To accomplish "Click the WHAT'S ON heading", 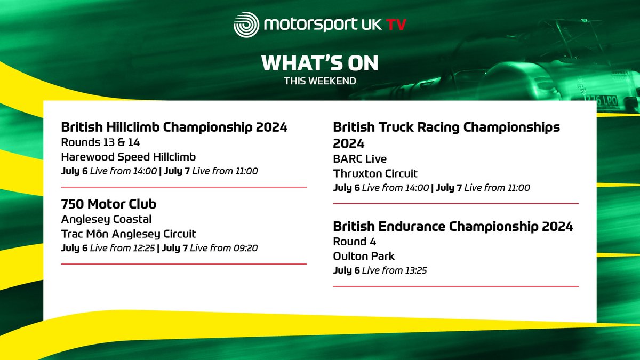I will click(319, 63).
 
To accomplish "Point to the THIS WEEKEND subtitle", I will click(319, 81).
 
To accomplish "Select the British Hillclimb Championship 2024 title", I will click(174, 127).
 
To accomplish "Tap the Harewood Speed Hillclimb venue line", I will click(129, 157).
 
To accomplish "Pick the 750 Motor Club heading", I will click(109, 204).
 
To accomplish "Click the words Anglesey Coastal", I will click(107, 219).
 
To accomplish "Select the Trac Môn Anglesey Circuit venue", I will click(129, 234).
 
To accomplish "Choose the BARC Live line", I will click(360, 159).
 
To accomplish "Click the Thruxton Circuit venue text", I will click(375, 173).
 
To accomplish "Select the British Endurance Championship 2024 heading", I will click(453, 227).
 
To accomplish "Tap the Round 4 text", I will click(355, 242).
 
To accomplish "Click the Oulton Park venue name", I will click(364, 256).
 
